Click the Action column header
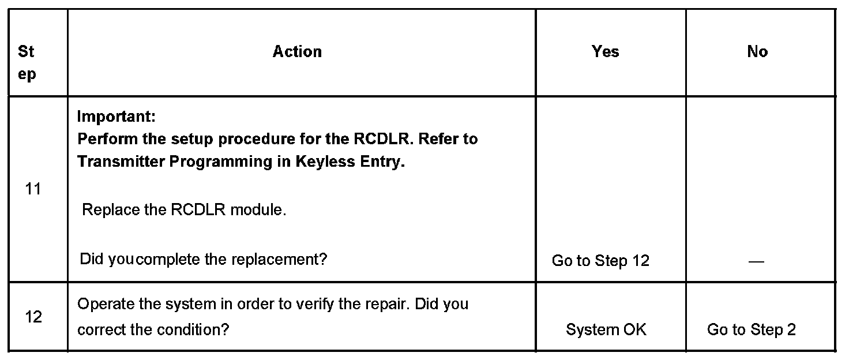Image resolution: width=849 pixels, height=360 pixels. point(297,52)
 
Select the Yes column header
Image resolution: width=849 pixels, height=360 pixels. point(605,52)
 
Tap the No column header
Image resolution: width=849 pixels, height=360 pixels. point(757,52)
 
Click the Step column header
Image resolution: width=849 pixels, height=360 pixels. point(27,63)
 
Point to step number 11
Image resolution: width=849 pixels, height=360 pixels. point(33,189)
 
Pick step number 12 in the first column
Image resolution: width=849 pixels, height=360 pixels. point(33,317)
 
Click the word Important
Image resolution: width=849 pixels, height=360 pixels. point(116,117)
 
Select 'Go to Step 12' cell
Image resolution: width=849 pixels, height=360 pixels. point(600,261)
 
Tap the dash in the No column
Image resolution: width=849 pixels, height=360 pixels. point(756,261)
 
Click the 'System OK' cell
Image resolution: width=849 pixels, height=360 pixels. point(606,329)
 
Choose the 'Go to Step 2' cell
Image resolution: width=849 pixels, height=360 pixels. point(752,329)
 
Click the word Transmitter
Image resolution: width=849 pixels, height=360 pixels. point(120,162)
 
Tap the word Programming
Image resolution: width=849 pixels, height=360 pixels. point(221,162)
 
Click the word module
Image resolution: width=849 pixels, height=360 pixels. point(258,209)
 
